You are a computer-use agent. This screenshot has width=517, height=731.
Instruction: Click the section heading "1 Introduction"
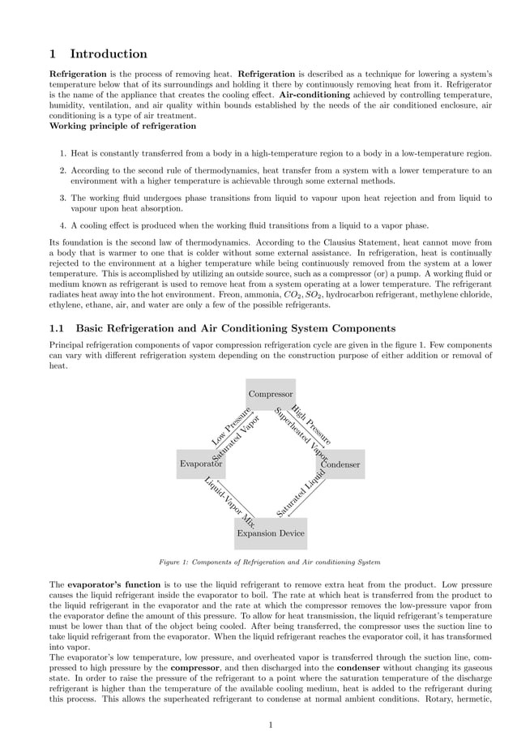[98, 54]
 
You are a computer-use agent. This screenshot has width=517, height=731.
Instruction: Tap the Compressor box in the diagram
[271, 394]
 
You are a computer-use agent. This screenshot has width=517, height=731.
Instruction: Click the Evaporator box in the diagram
[200, 464]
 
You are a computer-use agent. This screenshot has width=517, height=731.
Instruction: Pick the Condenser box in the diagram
[340, 464]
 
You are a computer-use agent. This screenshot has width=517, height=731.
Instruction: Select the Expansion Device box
[271, 533]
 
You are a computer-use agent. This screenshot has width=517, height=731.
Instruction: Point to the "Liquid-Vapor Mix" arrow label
[230, 503]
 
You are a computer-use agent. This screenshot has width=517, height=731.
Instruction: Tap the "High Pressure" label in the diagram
[311, 424]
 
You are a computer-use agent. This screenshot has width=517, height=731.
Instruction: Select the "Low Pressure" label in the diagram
[230, 426]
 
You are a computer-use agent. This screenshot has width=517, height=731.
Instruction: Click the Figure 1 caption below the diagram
[270, 562]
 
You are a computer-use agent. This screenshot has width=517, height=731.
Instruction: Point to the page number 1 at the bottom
[271, 725]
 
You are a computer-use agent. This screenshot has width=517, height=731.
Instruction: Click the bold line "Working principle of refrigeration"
[122, 126]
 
